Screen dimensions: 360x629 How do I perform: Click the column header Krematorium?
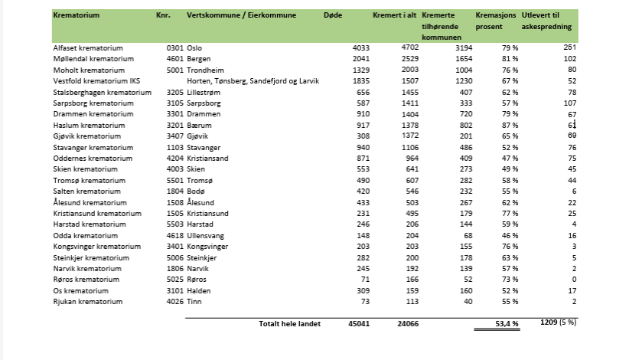click(77, 15)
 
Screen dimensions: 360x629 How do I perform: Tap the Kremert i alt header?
click(394, 15)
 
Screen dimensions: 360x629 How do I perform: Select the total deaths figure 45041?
click(358, 324)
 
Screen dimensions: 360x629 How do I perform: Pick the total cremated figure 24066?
click(405, 324)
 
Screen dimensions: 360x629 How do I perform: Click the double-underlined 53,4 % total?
click(506, 324)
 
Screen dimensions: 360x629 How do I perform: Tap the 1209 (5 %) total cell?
click(559, 323)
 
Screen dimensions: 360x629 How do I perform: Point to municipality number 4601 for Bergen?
click(174, 59)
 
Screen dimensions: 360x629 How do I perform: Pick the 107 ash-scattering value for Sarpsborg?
click(569, 103)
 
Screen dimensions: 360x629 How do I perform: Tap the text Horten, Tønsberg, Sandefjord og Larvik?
click(252, 80)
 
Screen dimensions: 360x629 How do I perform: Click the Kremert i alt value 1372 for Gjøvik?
click(406, 136)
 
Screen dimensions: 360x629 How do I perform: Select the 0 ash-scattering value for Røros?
click(573, 280)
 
